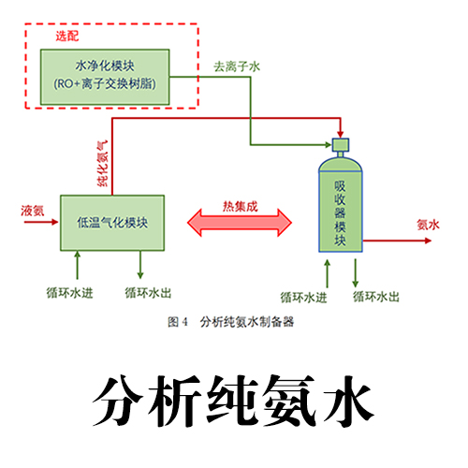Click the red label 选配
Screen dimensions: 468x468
click(x=67, y=37)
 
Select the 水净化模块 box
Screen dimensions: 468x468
click(x=105, y=77)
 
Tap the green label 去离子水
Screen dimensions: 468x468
click(x=237, y=66)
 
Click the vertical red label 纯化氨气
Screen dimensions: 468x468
click(x=103, y=163)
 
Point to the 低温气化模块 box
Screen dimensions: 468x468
click(x=112, y=223)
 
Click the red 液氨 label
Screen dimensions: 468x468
click(x=33, y=211)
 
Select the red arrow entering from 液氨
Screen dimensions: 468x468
click(x=41, y=222)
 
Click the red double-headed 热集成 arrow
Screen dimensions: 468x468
click(x=240, y=223)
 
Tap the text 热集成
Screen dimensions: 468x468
click(x=241, y=207)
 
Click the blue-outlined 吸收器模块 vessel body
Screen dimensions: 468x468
click(x=341, y=212)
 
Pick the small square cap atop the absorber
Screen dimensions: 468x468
click(x=341, y=144)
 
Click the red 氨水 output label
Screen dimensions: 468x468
click(x=428, y=225)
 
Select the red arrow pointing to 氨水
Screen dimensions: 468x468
click(x=397, y=241)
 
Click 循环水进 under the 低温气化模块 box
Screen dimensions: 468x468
click(x=69, y=293)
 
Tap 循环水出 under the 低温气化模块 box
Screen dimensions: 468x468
click(x=148, y=293)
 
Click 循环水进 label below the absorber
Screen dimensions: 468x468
click(x=303, y=298)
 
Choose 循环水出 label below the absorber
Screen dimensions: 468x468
click(x=376, y=297)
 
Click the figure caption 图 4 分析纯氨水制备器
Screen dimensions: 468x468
click(x=230, y=322)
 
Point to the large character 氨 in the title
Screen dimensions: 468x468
click(x=289, y=401)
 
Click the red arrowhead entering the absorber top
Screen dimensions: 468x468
click(x=341, y=133)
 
